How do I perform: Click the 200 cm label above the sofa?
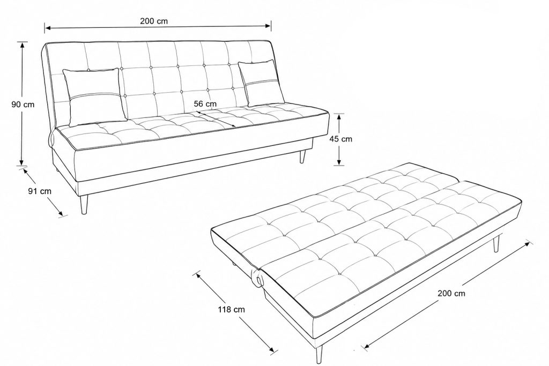154,21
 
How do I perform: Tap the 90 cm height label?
23,104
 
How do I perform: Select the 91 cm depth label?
40,191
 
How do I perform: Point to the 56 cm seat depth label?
205,104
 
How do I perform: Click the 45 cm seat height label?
340,139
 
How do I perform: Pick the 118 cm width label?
232,309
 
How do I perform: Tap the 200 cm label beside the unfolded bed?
451,293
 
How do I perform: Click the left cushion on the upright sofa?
94,96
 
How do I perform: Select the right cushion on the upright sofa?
261,83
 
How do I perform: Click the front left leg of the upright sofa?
84,205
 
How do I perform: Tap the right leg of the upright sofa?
302,156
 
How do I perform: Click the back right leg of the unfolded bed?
496,244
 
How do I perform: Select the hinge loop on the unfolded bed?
258,278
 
